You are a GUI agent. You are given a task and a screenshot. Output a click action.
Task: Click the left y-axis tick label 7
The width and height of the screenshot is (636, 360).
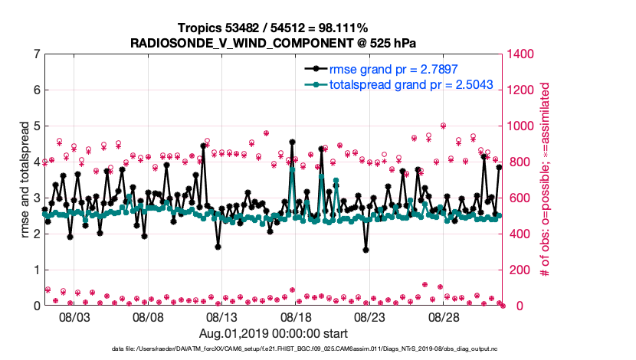[x=37, y=54]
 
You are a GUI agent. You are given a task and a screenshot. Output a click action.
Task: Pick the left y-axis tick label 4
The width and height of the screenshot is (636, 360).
[x=37, y=162]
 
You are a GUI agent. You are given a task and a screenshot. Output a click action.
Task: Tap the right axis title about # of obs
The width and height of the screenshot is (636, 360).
[x=546, y=180]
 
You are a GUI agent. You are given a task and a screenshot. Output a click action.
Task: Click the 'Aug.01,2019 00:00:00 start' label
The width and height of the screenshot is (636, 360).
[x=274, y=333]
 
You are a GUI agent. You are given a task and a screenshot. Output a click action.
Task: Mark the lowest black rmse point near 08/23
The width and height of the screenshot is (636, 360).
[x=366, y=249]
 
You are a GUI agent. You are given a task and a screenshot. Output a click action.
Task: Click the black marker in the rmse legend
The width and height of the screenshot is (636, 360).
[x=313, y=68]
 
